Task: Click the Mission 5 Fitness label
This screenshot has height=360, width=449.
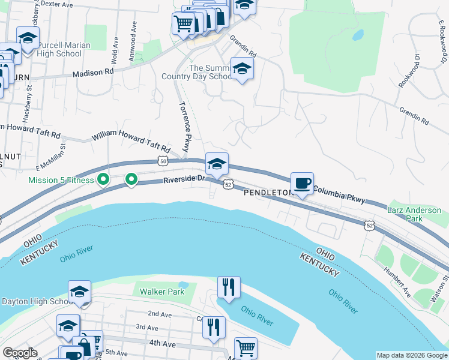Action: tap(61, 180)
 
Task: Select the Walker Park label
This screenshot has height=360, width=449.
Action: tap(161, 292)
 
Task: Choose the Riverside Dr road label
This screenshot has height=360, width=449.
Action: tap(184, 179)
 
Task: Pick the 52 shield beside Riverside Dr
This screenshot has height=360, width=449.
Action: tap(228, 185)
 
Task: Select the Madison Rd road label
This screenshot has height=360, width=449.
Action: tap(93, 73)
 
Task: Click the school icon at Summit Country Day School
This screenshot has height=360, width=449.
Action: tap(242, 69)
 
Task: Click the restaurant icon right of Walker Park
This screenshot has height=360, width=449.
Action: tap(228, 287)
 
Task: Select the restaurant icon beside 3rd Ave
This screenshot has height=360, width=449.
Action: tap(213, 328)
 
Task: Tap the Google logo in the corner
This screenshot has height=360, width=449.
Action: tap(20, 353)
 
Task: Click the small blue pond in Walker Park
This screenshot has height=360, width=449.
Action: tap(184, 284)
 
